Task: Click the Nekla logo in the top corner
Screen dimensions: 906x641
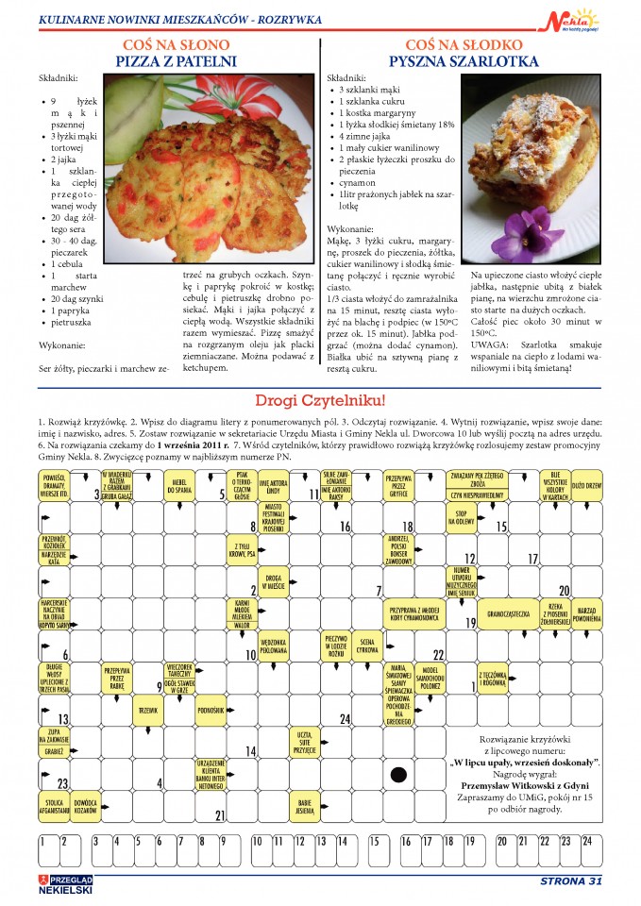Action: (x=573, y=18)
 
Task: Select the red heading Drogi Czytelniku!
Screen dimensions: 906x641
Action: (x=320, y=400)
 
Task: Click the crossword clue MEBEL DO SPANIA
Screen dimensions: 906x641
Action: (x=179, y=485)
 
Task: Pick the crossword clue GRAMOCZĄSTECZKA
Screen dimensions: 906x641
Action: (x=509, y=613)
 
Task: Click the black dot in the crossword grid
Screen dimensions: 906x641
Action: (x=399, y=773)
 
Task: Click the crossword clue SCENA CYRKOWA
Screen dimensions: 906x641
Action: (x=367, y=646)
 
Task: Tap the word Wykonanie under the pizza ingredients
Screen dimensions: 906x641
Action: (x=64, y=345)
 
